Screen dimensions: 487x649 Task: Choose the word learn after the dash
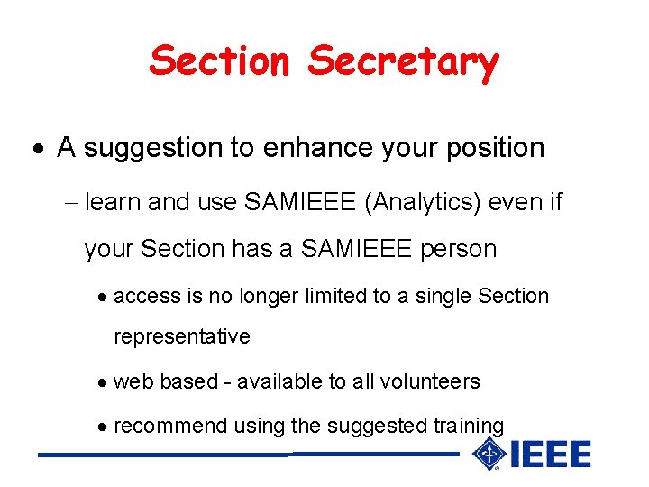pyautogui.click(x=113, y=202)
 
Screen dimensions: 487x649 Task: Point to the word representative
pyautogui.click(x=181, y=337)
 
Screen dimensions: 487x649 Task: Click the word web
pyautogui.click(x=133, y=381)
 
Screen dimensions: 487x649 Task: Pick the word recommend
pyautogui.click(x=170, y=426)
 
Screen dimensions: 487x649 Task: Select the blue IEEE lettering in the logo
pyautogui.click(x=550, y=455)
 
